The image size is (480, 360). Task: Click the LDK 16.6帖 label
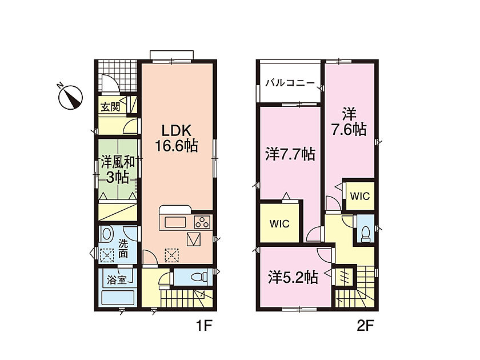point(177,138)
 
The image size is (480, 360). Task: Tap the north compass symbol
point(70,96)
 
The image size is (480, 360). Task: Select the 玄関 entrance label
point(110,107)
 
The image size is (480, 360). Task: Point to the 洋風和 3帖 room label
point(118,170)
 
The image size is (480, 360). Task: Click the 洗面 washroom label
point(123,249)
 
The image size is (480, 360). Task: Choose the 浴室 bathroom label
point(117,279)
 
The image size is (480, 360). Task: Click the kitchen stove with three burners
point(202,222)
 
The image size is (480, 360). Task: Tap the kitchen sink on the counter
point(175,222)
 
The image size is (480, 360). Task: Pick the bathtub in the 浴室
point(118,298)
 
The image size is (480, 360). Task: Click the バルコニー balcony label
point(290,83)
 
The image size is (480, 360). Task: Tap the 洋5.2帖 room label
point(293,278)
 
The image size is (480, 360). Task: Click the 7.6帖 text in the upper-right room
point(349,130)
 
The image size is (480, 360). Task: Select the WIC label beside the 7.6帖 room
point(359,196)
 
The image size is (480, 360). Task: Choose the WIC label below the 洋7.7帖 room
point(279,224)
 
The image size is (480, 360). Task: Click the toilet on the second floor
point(365,234)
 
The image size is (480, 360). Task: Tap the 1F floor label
point(204,326)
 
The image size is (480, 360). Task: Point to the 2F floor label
point(366,326)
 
